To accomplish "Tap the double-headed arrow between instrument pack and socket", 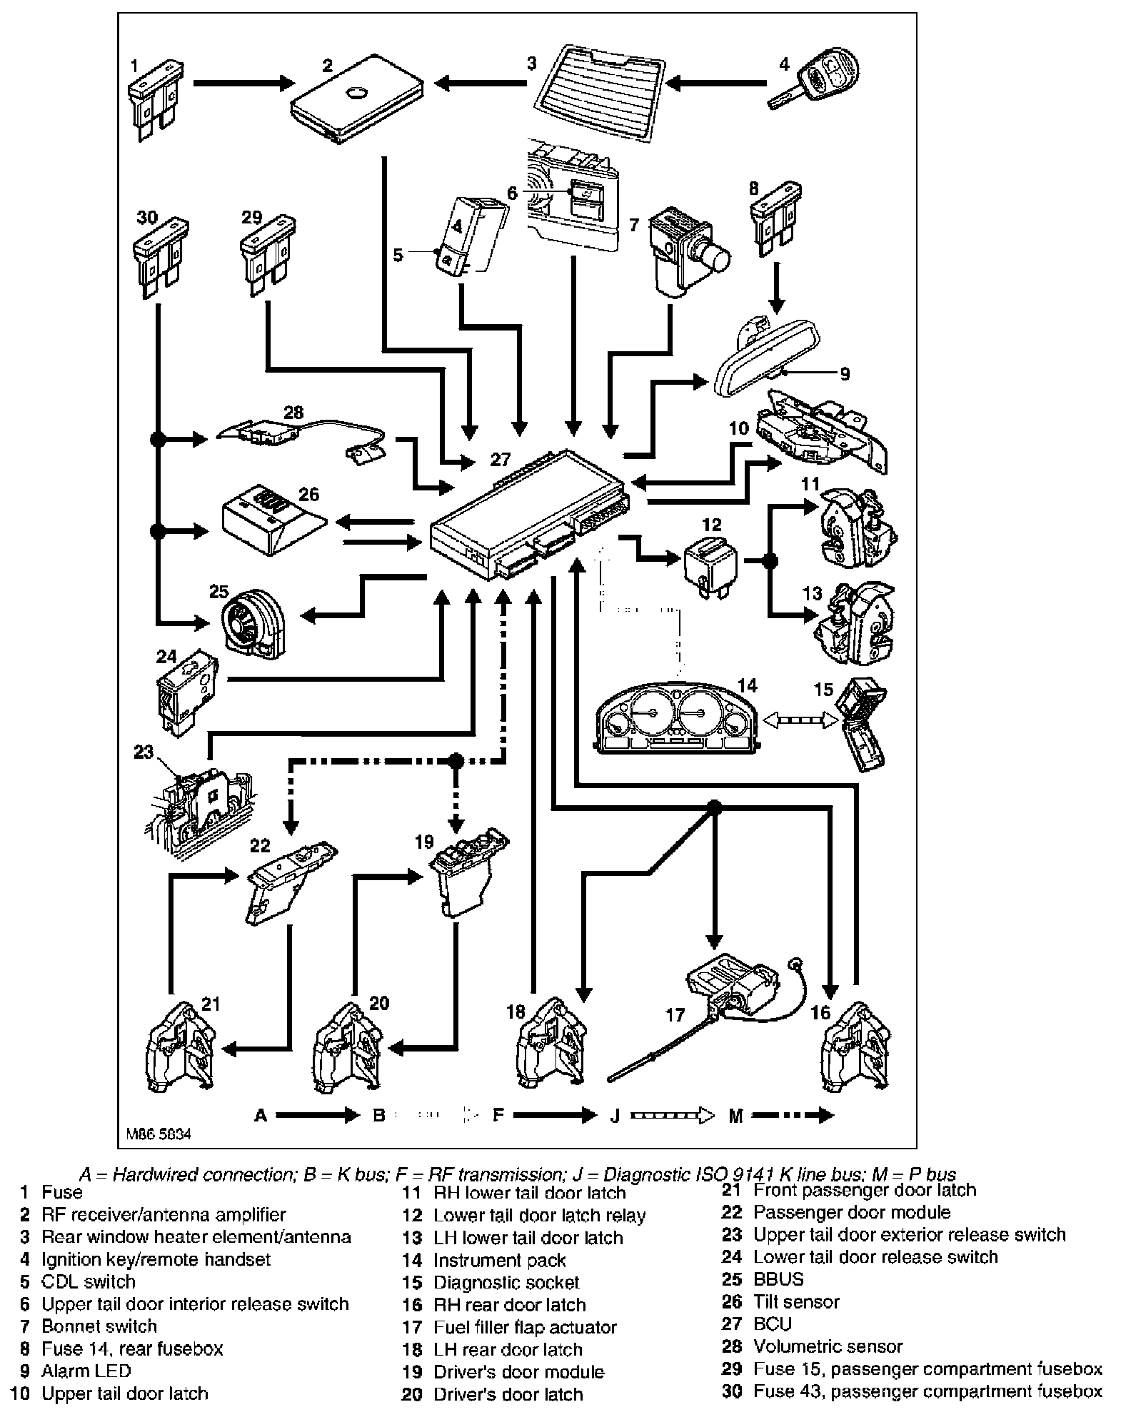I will (x=800, y=722).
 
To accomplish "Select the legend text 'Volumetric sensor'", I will (x=828, y=1346).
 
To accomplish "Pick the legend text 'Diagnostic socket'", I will (x=506, y=1282).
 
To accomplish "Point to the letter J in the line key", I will (x=614, y=1115).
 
